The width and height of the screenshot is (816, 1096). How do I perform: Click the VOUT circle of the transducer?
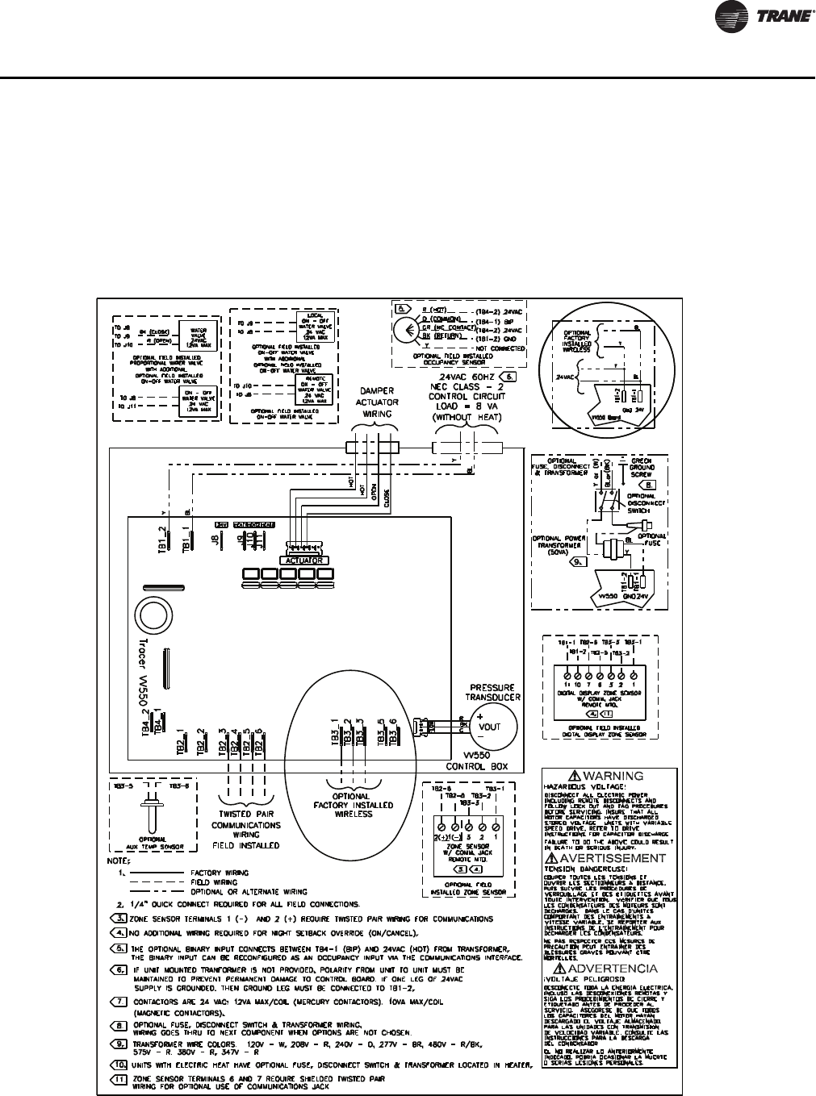pos(490,726)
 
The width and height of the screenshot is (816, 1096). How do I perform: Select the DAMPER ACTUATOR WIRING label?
pos(378,402)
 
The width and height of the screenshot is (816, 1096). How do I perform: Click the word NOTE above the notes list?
pos(119,860)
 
